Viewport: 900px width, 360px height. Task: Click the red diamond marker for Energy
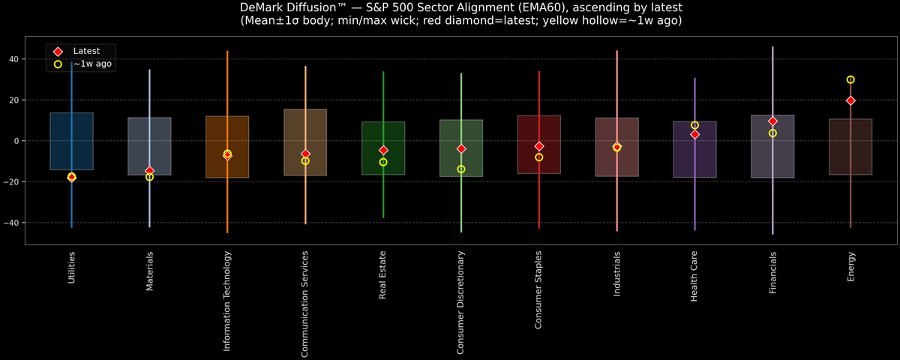coord(850,100)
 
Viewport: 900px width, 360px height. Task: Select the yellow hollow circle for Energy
coord(850,79)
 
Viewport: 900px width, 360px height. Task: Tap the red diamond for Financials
coord(772,121)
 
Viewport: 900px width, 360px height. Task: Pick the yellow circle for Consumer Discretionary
coord(461,169)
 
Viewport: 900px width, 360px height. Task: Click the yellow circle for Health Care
coord(694,125)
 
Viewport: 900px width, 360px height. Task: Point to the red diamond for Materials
coord(149,171)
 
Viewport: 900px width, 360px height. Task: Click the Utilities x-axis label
coord(72,268)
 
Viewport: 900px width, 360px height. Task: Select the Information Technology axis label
coord(227,301)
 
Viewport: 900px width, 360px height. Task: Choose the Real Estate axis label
coord(383,274)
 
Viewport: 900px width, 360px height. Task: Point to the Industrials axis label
coord(616,274)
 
